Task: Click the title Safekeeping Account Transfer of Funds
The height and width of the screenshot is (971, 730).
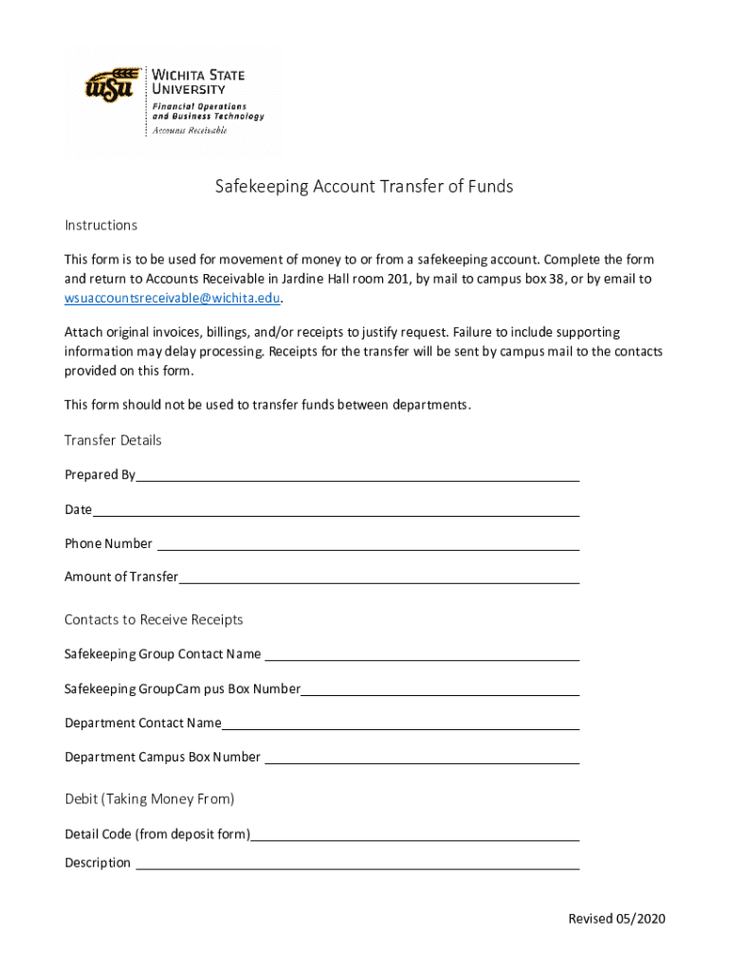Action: (364, 187)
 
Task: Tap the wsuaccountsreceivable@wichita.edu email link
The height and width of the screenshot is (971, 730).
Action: (173, 298)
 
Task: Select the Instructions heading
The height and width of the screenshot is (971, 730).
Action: (100, 225)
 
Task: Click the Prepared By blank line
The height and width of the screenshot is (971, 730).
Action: (357, 476)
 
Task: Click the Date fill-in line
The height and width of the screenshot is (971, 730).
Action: (336, 511)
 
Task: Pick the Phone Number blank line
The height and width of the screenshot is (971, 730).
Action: (368, 545)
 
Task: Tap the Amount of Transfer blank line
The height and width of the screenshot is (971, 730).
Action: (378, 578)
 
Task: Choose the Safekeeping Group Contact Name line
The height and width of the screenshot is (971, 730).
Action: (421, 655)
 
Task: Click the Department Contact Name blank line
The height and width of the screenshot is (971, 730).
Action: (400, 724)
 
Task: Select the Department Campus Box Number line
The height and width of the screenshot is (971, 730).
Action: (421, 759)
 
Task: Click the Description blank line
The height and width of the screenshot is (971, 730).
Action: (357, 864)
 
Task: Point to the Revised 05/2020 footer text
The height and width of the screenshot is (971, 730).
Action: (616, 919)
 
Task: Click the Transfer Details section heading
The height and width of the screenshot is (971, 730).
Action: (113, 440)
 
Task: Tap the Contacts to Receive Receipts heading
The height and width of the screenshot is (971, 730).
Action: (154, 619)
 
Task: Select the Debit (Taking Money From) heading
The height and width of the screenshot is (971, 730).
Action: (149, 798)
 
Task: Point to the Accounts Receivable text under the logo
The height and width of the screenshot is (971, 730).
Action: (191, 131)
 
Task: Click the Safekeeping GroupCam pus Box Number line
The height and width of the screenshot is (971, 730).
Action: (440, 690)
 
